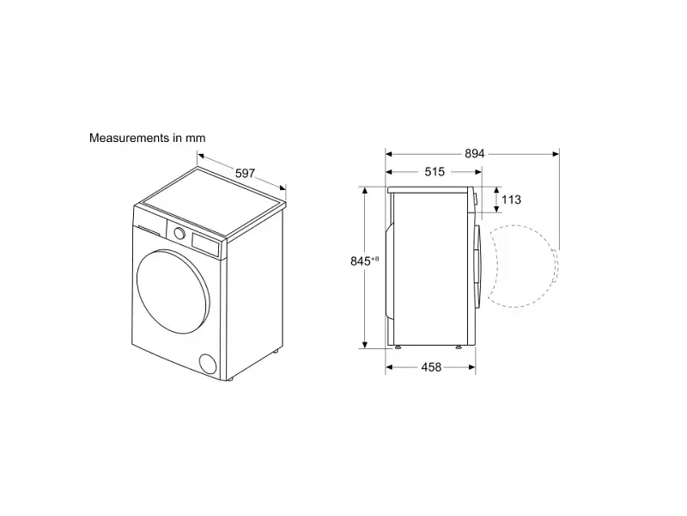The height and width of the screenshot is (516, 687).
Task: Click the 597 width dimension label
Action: [245, 174]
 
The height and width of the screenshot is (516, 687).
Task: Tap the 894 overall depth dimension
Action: [475, 154]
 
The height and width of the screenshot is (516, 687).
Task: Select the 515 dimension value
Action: [435, 171]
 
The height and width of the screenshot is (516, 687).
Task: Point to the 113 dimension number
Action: [511, 200]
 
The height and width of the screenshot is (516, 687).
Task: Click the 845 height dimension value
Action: [361, 261]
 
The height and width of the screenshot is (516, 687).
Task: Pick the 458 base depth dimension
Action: [431, 367]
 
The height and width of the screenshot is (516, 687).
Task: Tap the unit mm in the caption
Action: [195, 138]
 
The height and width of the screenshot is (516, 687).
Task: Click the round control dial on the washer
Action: [179, 233]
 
